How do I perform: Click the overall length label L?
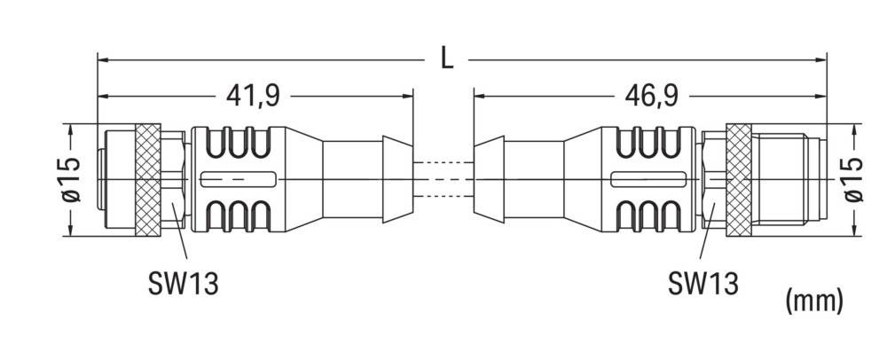[x=447, y=59]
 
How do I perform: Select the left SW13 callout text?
[x=183, y=285]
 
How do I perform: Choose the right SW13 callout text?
[x=702, y=285]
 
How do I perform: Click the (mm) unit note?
[x=813, y=301]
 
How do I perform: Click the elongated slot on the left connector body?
[x=234, y=180]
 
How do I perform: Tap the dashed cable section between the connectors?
[x=443, y=180]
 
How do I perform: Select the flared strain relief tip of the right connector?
[x=490, y=180]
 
